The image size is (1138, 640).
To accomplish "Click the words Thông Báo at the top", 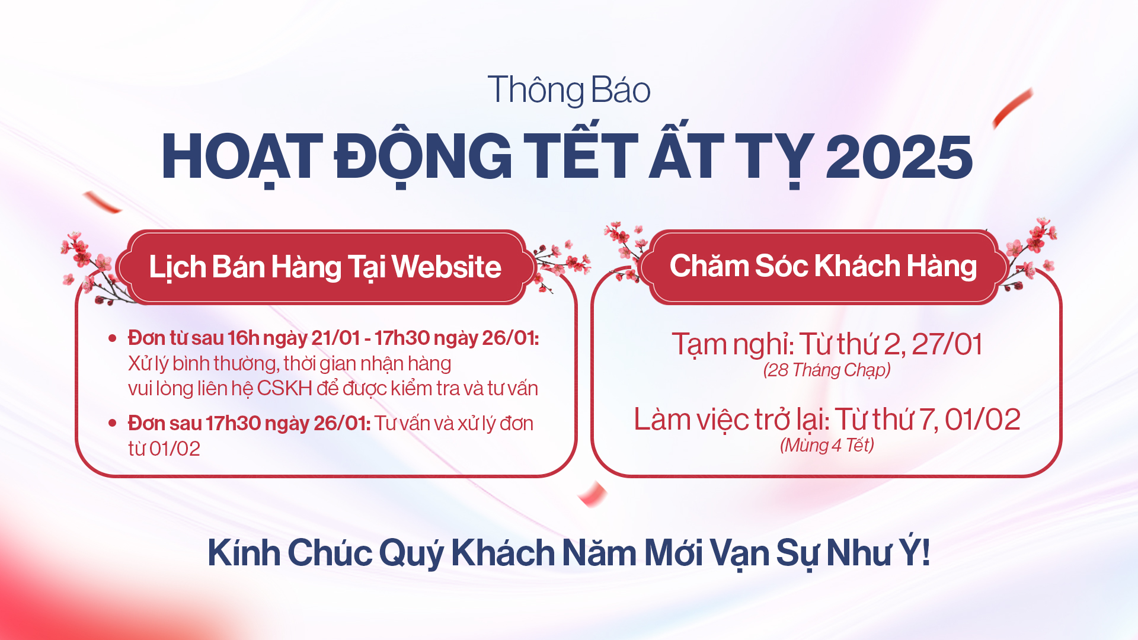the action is point(569,90).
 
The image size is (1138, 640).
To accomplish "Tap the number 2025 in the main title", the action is point(899,156).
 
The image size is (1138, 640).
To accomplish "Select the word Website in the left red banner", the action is point(446,267).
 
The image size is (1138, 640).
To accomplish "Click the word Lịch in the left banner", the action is point(177,268).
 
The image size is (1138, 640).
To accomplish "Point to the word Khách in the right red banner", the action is point(858,265).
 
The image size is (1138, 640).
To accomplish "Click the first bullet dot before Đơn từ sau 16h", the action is point(113,338).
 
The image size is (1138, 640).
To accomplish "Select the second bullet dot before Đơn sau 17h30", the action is point(113,423).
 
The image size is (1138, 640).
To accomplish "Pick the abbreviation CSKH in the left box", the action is point(284,388).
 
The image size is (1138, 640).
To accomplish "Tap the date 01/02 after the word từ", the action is point(175,449).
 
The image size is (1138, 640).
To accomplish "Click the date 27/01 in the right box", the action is point(947,344).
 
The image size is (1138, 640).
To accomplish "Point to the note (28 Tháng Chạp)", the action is point(827,370).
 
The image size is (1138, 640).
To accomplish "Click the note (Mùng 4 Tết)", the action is point(827,445).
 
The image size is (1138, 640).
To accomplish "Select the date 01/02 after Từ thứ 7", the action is point(983,420).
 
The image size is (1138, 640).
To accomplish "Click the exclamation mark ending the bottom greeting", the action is point(926,552).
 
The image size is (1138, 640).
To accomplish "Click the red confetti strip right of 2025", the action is point(1012,108).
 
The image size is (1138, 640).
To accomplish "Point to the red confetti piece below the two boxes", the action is point(593,494).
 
